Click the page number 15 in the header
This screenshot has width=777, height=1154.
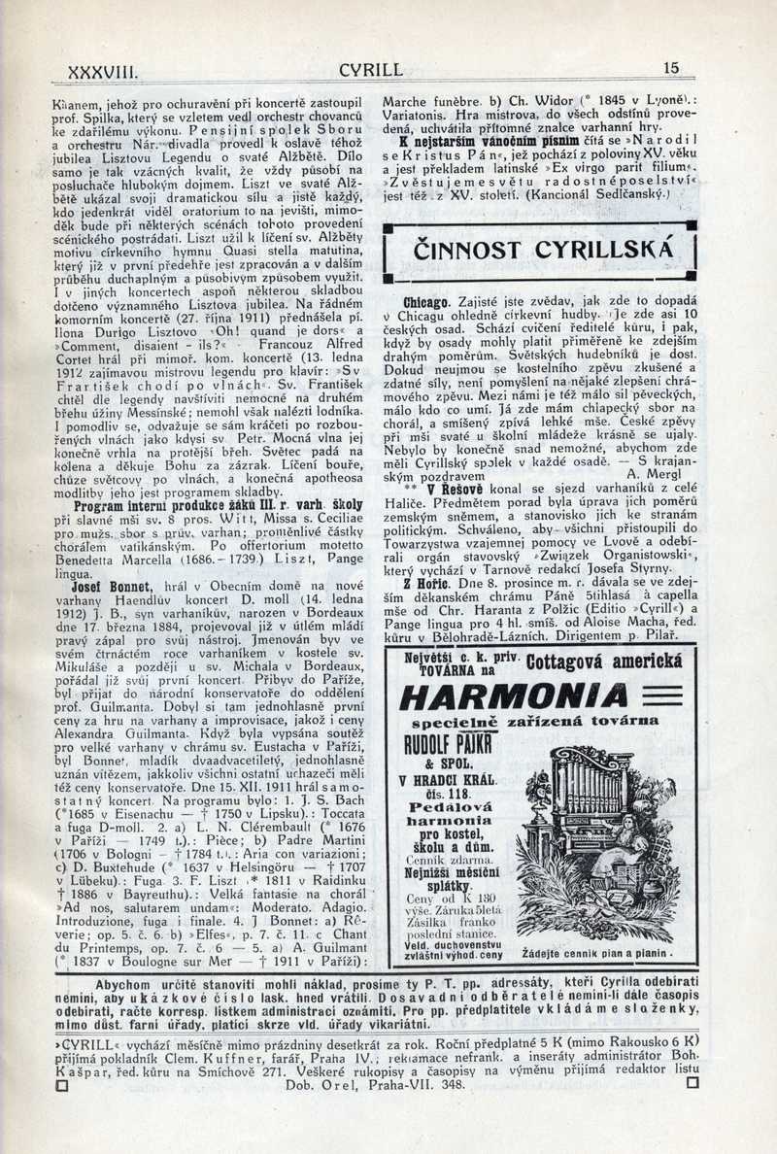(x=671, y=68)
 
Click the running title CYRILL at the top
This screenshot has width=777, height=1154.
(x=371, y=69)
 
